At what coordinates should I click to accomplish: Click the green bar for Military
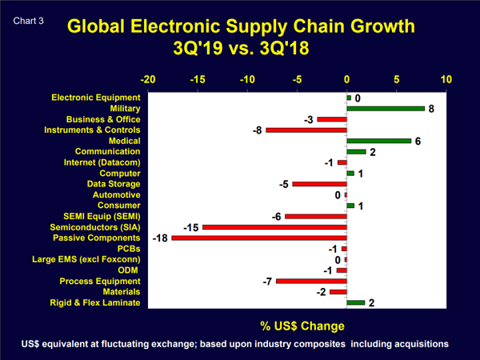(x=386, y=108)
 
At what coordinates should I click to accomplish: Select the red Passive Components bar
(x=259, y=238)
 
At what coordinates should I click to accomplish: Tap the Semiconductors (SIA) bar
(x=274, y=227)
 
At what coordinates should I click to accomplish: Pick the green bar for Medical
(x=378, y=141)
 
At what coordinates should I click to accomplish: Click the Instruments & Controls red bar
(x=306, y=130)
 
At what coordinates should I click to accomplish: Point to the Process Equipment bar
(x=311, y=281)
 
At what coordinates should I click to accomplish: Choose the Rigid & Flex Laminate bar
(x=355, y=302)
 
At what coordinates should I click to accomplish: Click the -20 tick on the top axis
(x=148, y=80)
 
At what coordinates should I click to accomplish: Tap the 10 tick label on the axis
(x=446, y=80)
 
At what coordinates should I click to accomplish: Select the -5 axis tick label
(x=297, y=80)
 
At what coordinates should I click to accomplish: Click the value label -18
(x=159, y=238)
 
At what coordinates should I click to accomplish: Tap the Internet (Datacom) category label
(x=102, y=162)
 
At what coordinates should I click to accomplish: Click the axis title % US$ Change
(x=302, y=326)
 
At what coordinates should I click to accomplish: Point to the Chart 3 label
(x=28, y=14)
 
